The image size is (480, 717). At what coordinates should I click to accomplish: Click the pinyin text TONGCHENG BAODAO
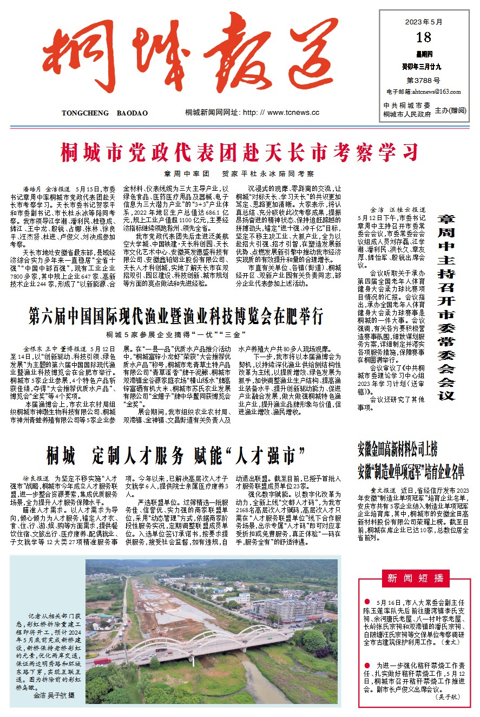coord(104,113)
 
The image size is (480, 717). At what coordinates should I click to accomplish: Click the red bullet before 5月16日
coord(367,602)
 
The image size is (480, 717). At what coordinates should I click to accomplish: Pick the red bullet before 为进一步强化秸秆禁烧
coord(367,664)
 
